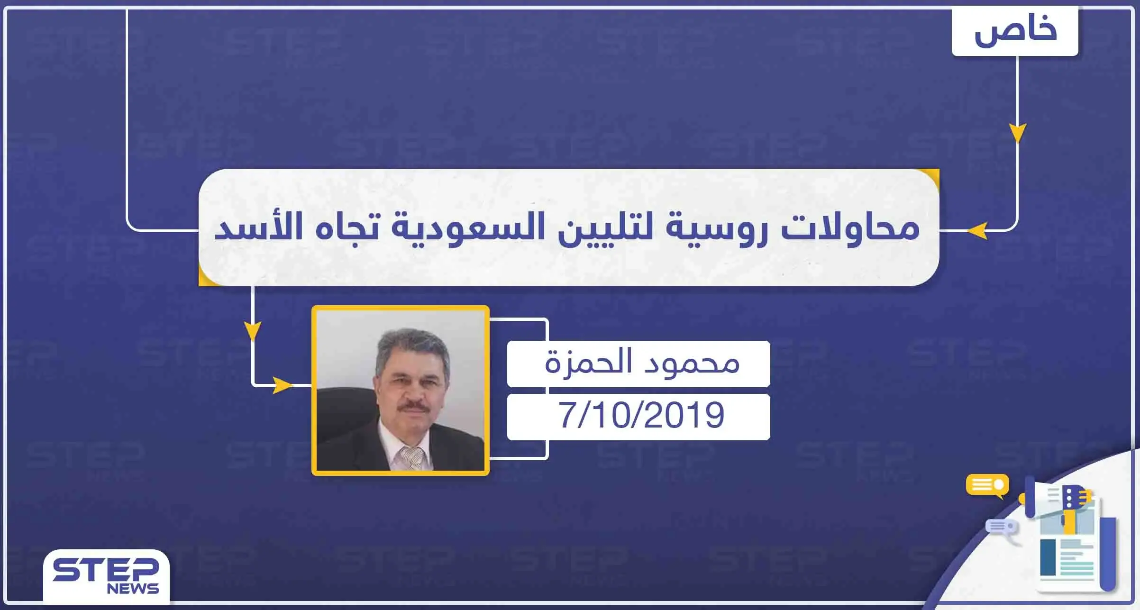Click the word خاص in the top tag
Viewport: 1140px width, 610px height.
point(1015,31)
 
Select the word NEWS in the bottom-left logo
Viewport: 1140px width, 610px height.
point(133,589)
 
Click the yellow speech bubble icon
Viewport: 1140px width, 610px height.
point(987,485)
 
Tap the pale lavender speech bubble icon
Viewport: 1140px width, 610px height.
point(1001,527)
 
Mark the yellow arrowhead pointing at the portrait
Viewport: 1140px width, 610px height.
point(282,385)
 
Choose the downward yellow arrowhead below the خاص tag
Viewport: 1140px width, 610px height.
point(1017,132)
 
